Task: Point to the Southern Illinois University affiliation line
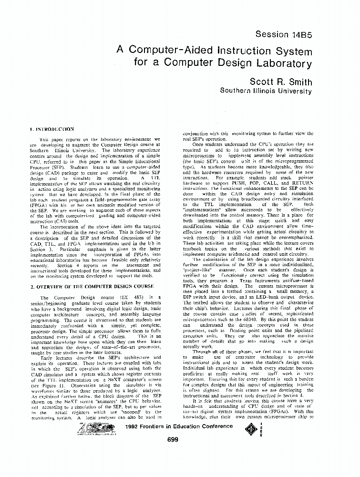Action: tap(266, 90)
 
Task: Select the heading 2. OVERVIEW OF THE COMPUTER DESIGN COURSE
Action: tap(92, 286)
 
